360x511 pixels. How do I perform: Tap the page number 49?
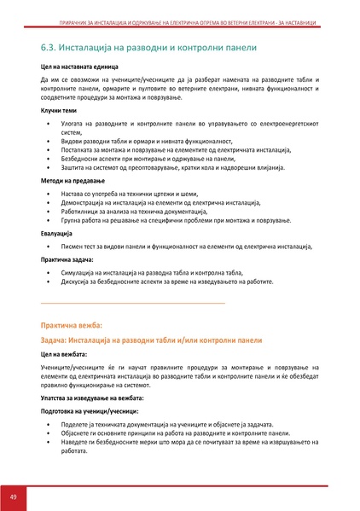[14, 496]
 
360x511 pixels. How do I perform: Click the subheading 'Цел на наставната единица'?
[79, 65]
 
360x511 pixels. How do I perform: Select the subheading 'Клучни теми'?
[58, 110]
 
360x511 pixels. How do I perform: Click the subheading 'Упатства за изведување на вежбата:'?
[92, 398]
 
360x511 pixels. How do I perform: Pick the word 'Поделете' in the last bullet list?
[78, 424]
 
